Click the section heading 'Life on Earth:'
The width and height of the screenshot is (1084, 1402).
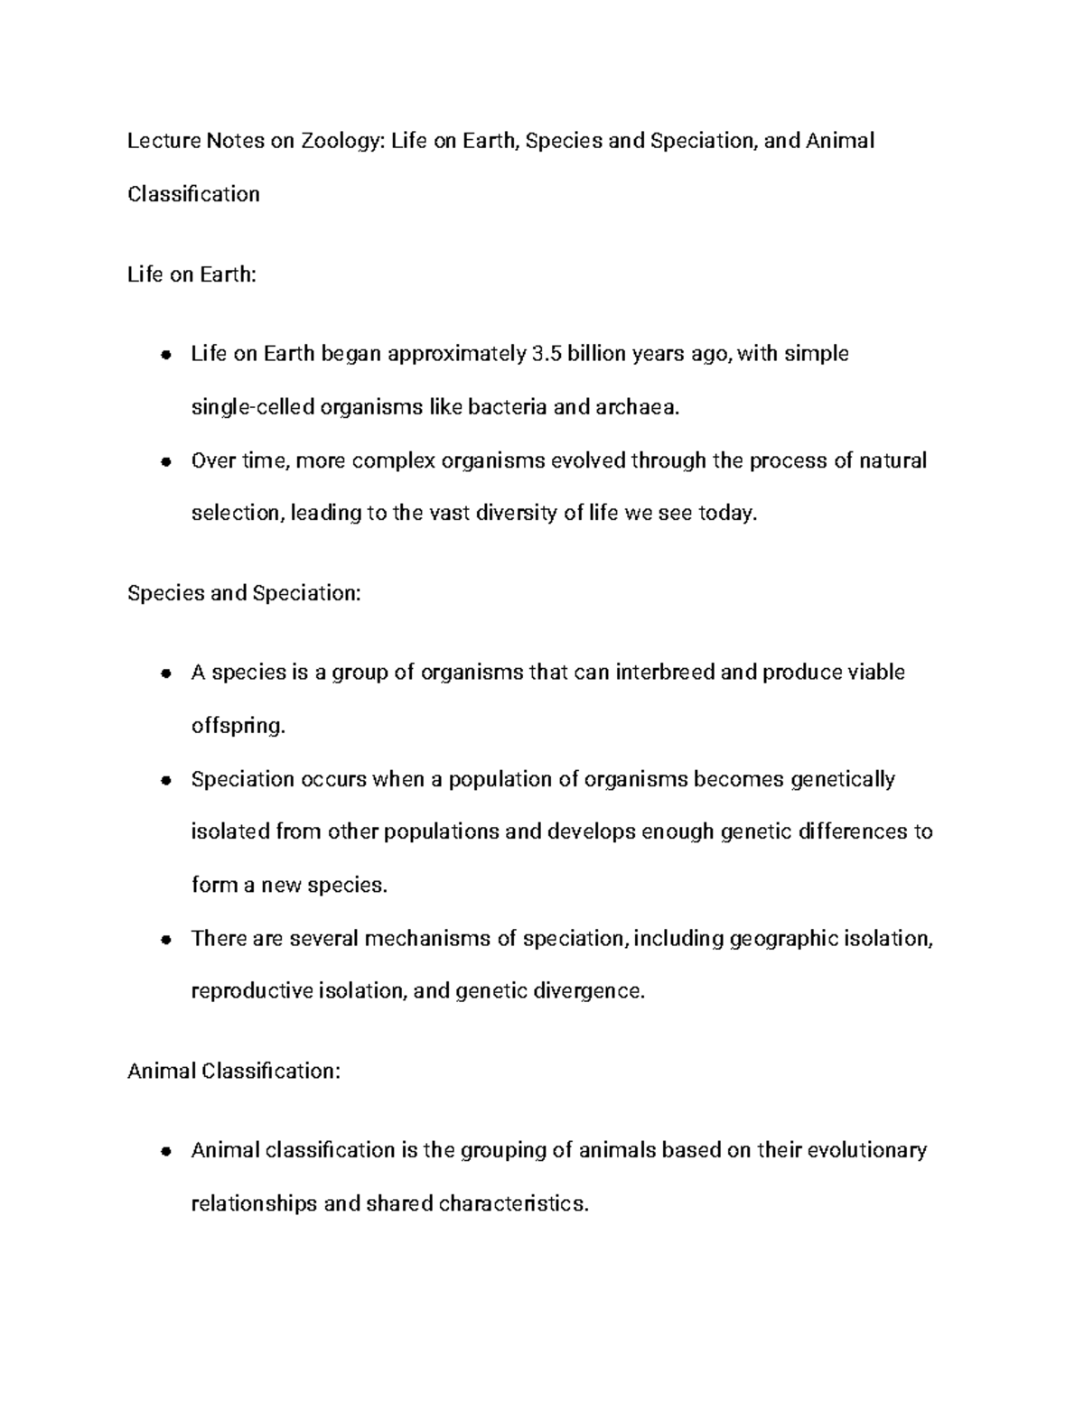(192, 274)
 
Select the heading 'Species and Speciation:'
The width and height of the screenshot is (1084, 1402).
(244, 593)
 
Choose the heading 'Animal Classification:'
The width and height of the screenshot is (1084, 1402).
(234, 1072)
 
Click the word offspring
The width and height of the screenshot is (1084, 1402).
(238, 727)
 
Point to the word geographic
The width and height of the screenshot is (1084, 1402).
(783, 939)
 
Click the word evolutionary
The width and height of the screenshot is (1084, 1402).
(866, 1151)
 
